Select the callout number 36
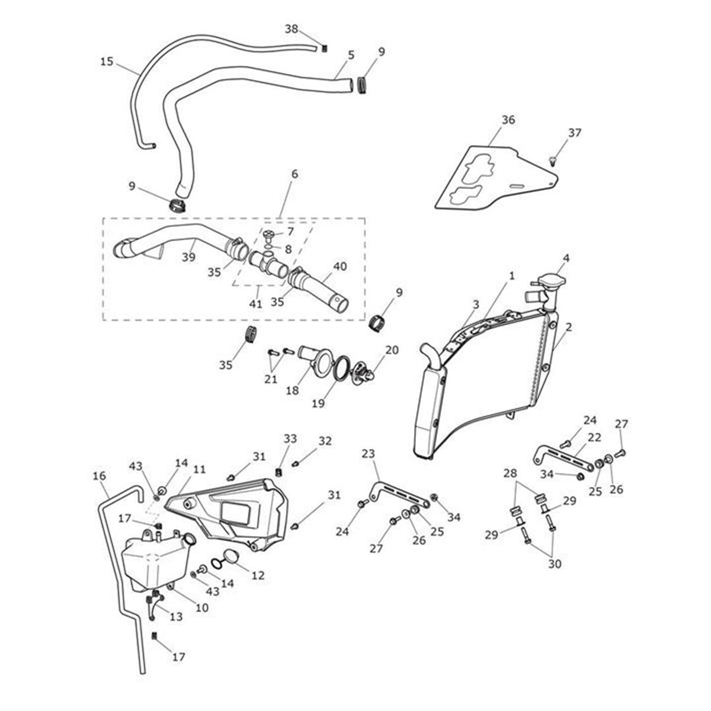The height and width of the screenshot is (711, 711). [508, 120]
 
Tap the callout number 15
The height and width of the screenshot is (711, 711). [106, 61]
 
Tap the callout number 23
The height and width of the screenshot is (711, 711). [368, 454]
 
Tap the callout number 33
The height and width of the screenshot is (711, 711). [289, 438]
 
